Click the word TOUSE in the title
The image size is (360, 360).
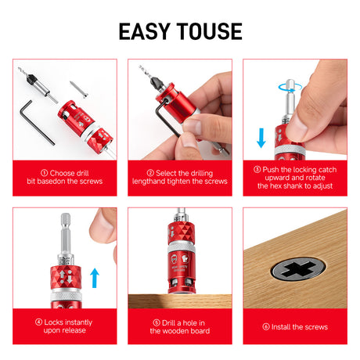point(210,31)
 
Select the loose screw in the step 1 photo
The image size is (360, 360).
point(78,89)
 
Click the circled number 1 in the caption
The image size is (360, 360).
point(45,173)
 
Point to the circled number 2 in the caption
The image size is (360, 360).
point(150,173)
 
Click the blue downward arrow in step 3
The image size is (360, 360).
point(261,138)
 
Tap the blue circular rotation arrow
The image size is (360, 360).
point(290,88)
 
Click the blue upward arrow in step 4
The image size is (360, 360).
point(95,278)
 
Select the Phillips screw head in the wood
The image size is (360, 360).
point(298,268)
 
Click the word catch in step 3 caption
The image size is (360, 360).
point(327,170)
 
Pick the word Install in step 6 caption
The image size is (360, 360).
point(281,327)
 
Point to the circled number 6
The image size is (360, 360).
point(266,326)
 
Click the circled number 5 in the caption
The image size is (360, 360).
point(157,322)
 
